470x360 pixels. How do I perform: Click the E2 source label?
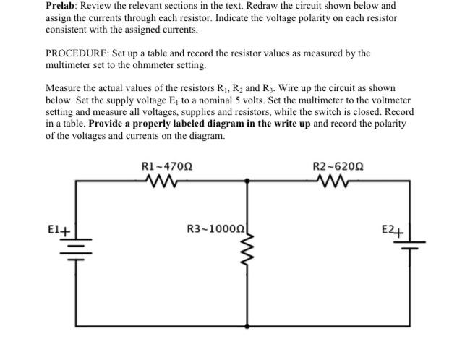tap(391, 231)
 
